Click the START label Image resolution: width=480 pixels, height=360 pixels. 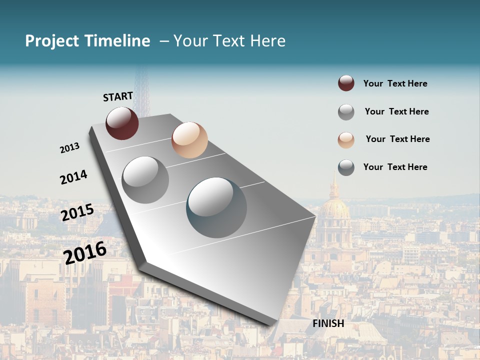click(x=118, y=96)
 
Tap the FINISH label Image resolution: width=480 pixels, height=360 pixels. click(x=328, y=323)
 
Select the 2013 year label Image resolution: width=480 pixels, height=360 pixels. click(x=70, y=147)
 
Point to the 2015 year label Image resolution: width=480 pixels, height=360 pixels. click(x=77, y=212)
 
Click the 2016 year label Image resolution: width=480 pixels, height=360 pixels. click(x=85, y=252)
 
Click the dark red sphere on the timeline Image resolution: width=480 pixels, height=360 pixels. click(x=122, y=123)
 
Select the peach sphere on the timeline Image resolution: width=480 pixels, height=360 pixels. click(x=189, y=139)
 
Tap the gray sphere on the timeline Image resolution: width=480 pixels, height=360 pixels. click(x=145, y=179)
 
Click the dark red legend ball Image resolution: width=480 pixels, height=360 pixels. click(x=346, y=83)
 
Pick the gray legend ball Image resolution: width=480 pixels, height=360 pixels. click(x=346, y=112)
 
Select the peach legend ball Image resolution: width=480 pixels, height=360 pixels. click(x=346, y=139)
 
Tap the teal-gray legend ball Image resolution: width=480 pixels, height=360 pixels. click(x=346, y=167)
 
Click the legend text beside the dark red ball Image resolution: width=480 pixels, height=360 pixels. click(x=395, y=83)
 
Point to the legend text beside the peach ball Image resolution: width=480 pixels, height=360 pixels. click(x=397, y=139)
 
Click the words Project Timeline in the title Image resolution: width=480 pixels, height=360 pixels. click(x=87, y=41)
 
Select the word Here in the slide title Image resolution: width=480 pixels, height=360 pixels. click(x=267, y=41)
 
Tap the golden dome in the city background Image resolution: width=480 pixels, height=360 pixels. click(x=334, y=205)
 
